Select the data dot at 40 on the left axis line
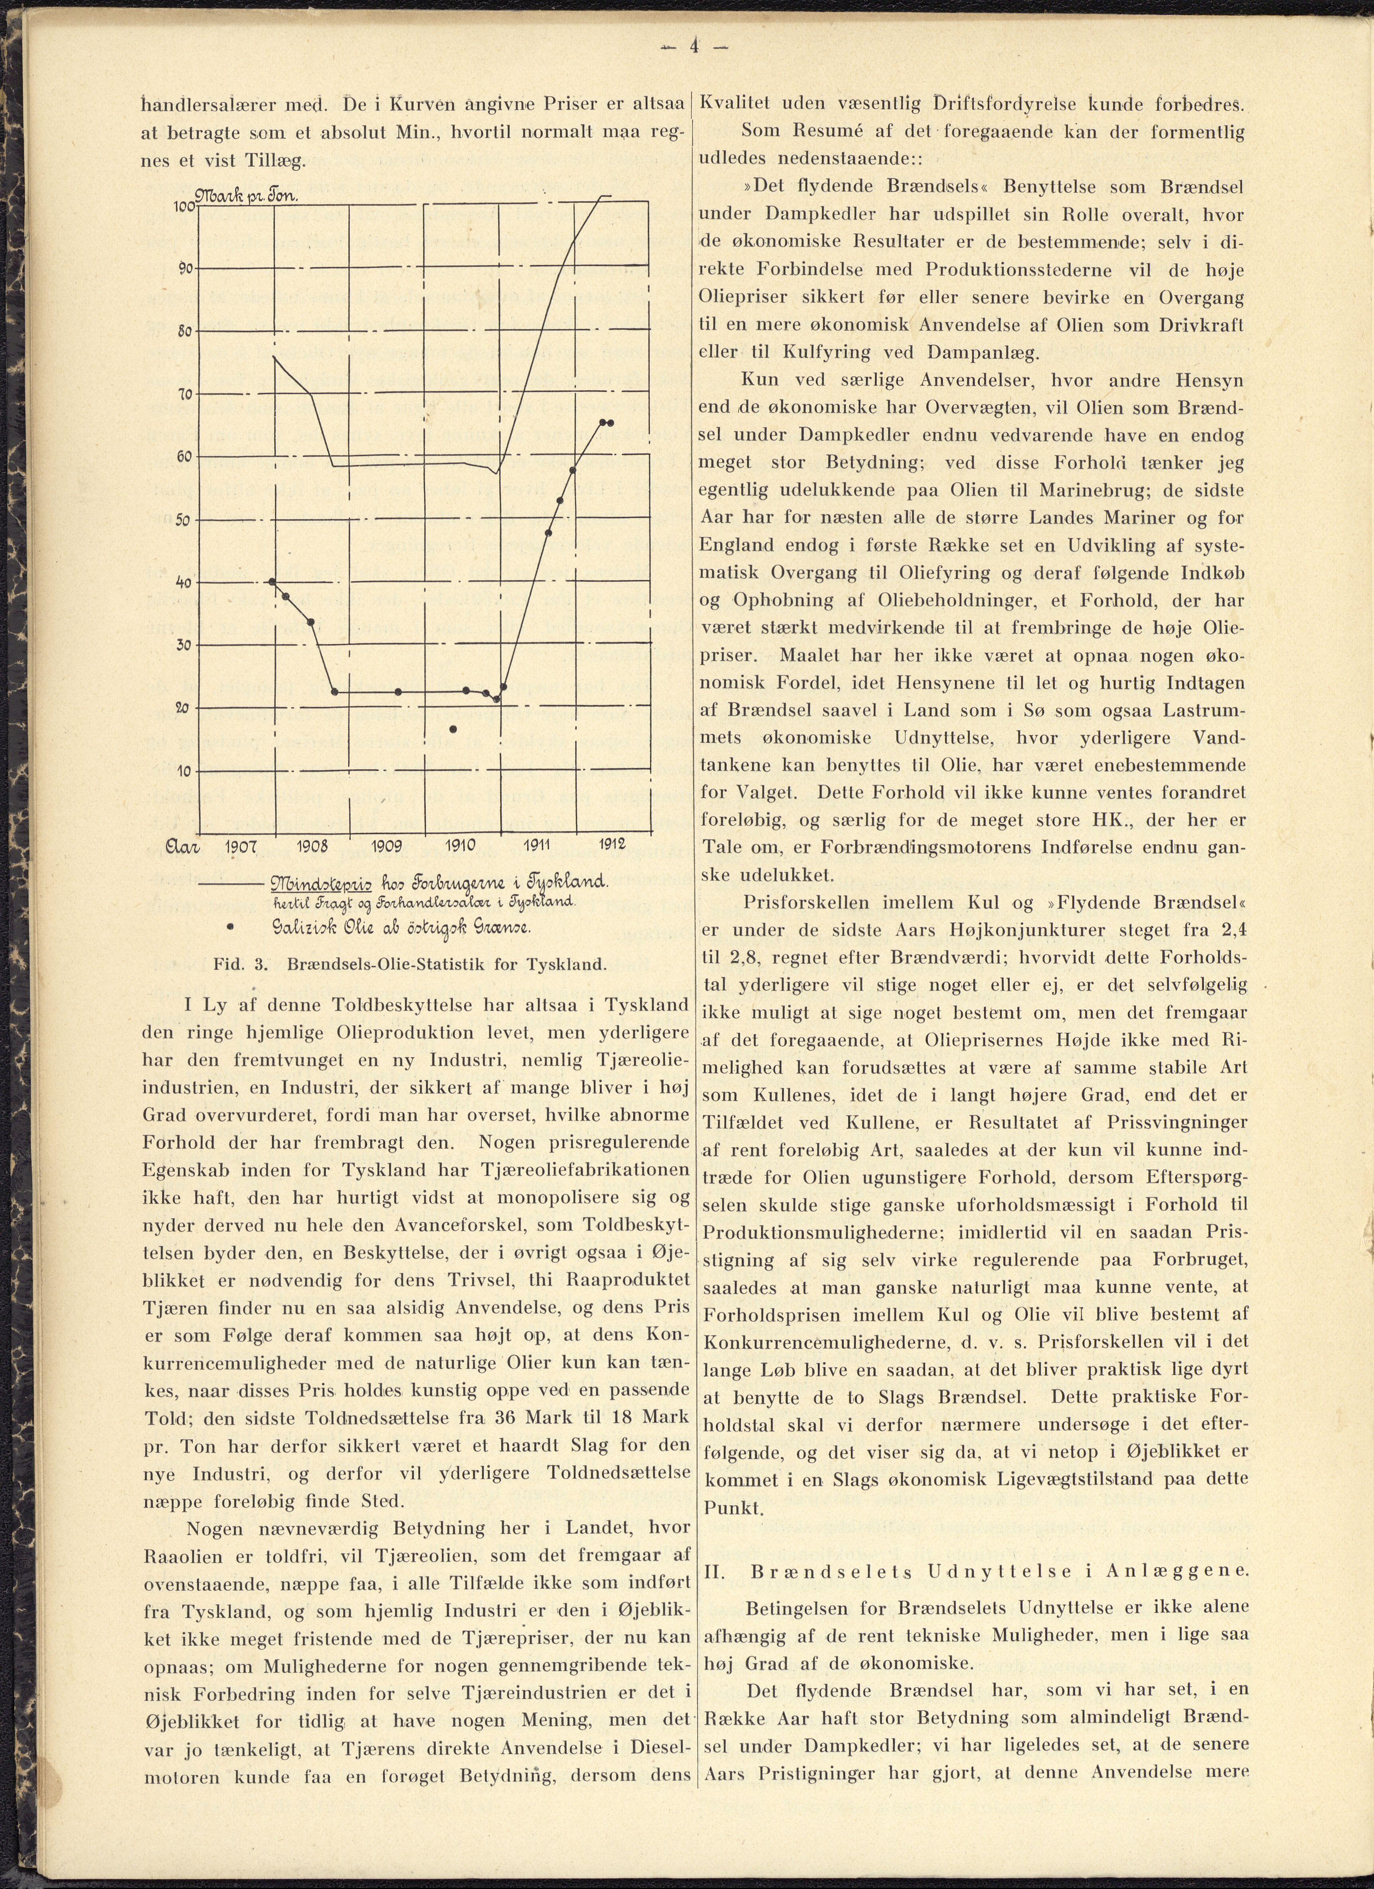[272, 581]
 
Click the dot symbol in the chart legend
[229, 926]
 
